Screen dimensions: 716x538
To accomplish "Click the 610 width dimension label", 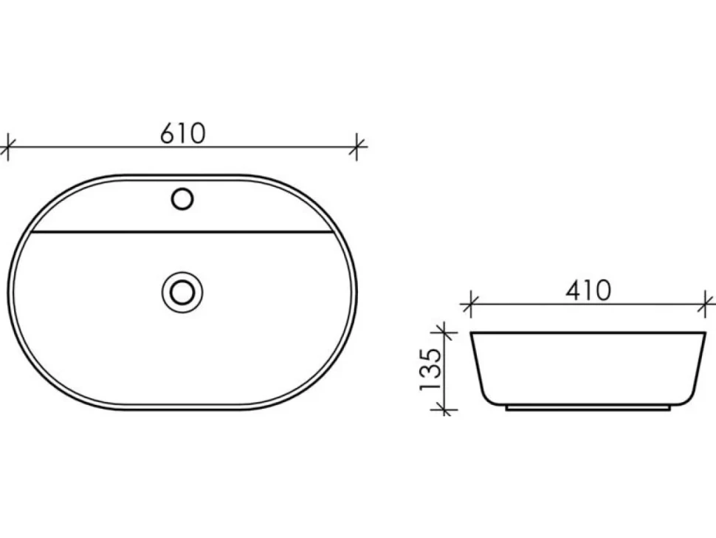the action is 182,133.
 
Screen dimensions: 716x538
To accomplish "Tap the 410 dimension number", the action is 588,290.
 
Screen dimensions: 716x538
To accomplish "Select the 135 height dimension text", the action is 431,370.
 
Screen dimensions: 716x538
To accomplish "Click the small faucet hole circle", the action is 182,199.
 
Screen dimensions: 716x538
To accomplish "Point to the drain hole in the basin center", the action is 182,292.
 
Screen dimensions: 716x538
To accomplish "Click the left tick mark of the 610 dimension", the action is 8,147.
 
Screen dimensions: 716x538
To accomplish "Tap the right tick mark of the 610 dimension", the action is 357,147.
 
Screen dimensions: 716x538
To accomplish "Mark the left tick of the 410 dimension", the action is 470,304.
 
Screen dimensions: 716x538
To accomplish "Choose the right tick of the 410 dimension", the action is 706,304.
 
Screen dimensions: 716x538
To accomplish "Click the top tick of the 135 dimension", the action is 444,333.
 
